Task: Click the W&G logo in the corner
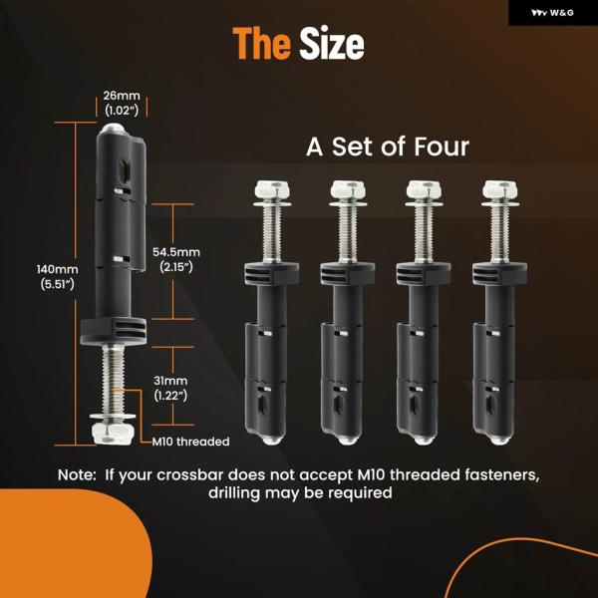point(552,13)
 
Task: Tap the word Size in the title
point(332,44)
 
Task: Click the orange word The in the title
point(261,44)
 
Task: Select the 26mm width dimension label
point(122,103)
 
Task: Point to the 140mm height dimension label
point(58,276)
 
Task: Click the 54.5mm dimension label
point(176,259)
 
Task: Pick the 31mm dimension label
point(170,388)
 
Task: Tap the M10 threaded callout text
point(190,442)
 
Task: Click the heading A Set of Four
point(388,147)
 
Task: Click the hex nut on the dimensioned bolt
point(113,433)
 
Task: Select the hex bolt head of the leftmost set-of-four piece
point(272,190)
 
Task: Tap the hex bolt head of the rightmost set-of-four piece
point(499,190)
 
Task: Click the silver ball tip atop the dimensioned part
point(113,127)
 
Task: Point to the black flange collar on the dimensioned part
point(114,330)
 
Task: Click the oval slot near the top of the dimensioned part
point(124,171)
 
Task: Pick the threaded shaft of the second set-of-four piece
point(348,233)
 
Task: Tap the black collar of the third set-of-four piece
point(424,273)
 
